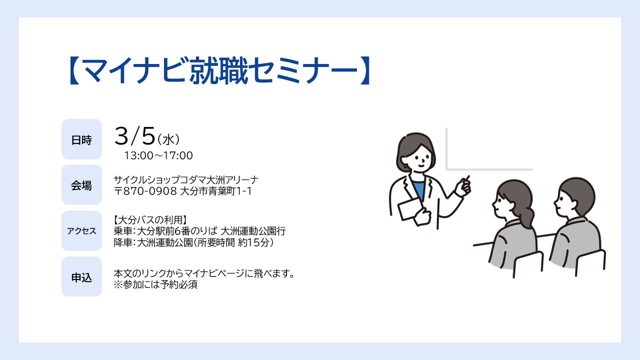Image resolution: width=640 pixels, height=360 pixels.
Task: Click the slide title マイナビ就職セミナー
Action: point(219,70)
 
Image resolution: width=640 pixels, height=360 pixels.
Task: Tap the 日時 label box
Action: point(81,139)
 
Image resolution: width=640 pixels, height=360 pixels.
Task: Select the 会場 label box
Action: point(81,185)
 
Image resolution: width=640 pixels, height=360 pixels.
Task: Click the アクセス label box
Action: point(81,231)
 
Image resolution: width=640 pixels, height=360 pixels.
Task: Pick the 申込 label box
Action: point(81,276)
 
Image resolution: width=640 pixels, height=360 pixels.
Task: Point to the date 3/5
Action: point(134,136)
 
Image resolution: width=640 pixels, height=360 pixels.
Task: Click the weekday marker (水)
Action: point(168,139)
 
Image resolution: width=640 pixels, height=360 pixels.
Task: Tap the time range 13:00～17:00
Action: point(158,155)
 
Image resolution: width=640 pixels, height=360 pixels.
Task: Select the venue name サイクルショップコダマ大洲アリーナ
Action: point(186,180)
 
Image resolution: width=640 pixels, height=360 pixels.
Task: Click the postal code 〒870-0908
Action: point(145,191)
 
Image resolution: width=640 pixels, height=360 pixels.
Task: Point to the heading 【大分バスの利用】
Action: point(150,220)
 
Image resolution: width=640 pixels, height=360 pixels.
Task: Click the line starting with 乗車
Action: point(199,231)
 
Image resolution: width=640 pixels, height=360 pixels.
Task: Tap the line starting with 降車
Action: point(193,242)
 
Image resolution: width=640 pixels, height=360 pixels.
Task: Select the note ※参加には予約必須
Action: point(155,284)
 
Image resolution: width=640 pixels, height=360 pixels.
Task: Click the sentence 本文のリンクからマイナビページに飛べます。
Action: point(204,273)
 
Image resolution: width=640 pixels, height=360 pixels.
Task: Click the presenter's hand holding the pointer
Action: point(463,187)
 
